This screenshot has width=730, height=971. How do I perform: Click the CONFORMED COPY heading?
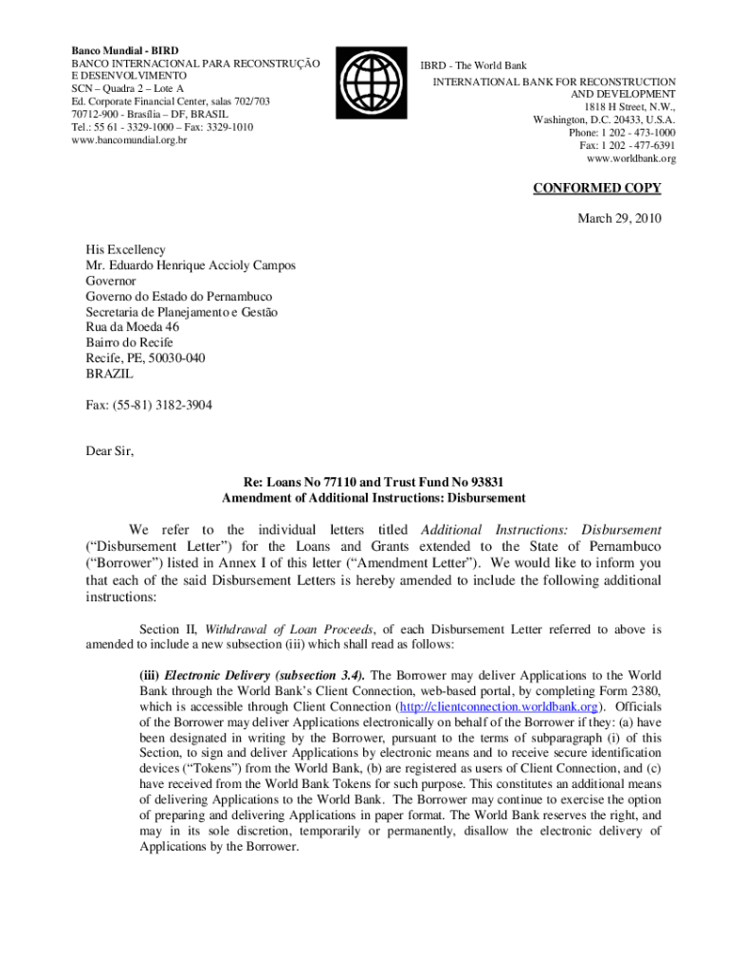pos(596,188)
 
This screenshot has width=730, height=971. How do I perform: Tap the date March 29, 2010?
pos(619,219)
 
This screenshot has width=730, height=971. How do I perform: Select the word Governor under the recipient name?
pos(111,282)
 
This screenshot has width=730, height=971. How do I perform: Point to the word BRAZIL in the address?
pos(110,374)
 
